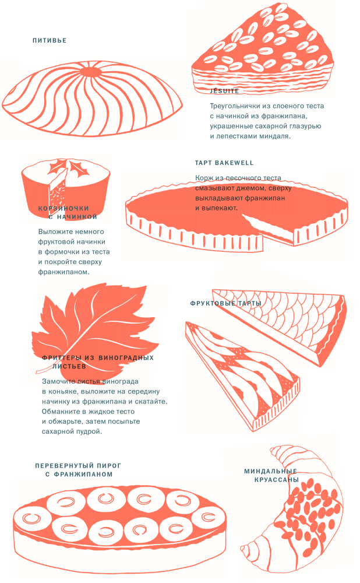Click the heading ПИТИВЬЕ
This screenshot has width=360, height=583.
click(50, 41)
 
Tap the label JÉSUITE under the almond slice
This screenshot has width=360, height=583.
click(224, 91)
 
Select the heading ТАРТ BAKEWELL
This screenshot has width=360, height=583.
click(224, 163)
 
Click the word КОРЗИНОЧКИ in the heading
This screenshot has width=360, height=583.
click(63, 209)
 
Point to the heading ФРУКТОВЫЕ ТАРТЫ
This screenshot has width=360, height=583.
click(226, 303)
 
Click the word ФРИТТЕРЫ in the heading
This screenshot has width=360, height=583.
click(62, 358)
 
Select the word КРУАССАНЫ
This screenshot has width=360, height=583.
click(277, 480)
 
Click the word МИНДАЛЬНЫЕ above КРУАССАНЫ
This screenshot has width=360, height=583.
click(270, 471)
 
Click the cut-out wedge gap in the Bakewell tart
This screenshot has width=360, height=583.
click(267, 229)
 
